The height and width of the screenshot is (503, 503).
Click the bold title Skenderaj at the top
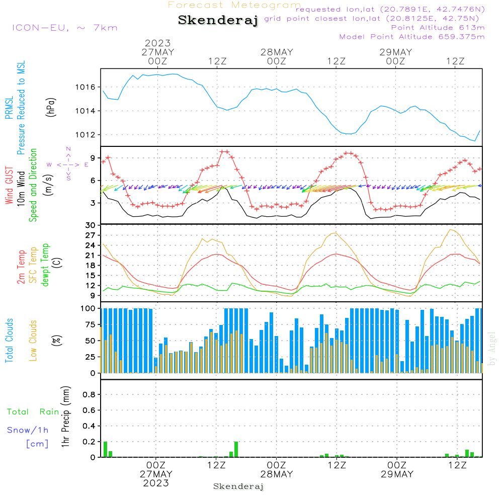coord(218,21)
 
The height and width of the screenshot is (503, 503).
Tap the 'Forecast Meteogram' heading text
coord(234,5)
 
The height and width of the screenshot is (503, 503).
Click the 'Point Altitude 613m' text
coord(438,28)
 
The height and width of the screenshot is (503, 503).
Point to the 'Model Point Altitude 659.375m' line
coord(412,37)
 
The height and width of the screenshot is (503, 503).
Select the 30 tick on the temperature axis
coord(91,225)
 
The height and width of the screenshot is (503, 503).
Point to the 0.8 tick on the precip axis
coord(89,395)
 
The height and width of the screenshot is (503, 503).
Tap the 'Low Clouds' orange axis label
coord(33,340)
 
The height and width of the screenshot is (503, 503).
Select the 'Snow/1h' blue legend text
coord(28,430)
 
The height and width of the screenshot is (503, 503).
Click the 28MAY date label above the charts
coord(277,52)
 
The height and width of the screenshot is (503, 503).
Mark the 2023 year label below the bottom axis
coord(156,483)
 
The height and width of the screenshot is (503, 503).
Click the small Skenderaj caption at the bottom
coord(238,486)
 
